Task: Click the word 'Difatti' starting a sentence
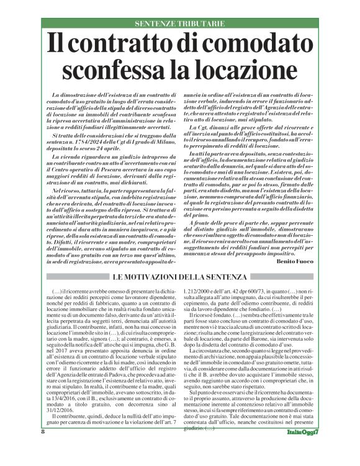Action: click(56, 229)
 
